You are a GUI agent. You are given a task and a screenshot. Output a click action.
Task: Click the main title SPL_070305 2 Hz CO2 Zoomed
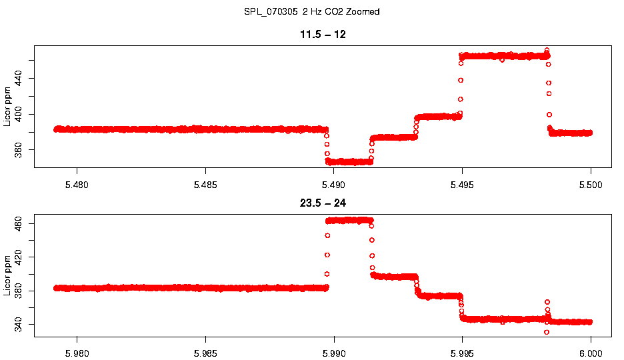[x=312, y=12]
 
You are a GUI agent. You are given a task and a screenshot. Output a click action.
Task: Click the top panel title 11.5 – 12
[x=322, y=34]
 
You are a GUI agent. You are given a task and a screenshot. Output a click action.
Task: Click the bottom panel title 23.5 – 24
[x=322, y=203]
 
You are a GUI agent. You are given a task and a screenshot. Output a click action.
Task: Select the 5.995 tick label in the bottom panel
[x=462, y=353]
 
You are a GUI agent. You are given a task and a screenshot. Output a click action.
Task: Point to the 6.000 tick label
[x=591, y=353]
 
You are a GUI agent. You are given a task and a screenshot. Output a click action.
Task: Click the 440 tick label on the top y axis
[x=18, y=79]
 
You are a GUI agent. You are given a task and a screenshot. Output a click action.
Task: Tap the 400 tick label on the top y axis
[x=18, y=114]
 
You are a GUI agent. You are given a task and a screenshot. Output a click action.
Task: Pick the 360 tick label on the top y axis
[x=18, y=149]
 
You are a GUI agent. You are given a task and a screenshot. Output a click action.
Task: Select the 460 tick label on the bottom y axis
[x=18, y=223]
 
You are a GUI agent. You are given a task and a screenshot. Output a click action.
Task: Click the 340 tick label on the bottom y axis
[x=18, y=325]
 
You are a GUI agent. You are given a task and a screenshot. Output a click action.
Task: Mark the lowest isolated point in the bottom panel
[x=547, y=332]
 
